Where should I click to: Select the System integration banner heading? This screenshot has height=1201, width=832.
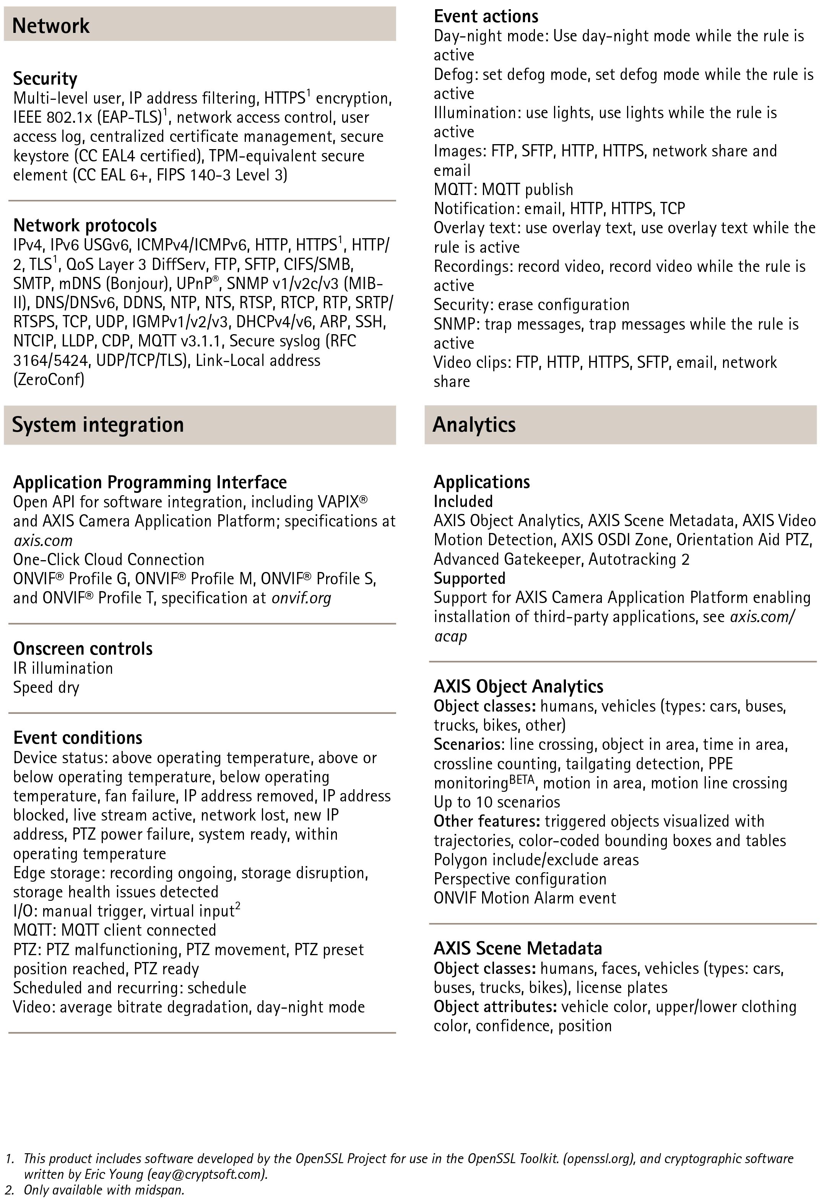[x=97, y=425]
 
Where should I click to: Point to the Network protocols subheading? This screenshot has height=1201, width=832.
[x=84, y=225]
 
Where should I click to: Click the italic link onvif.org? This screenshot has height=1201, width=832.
[x=301, y=598]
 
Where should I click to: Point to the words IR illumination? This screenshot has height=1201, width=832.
[x=63, y=668]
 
